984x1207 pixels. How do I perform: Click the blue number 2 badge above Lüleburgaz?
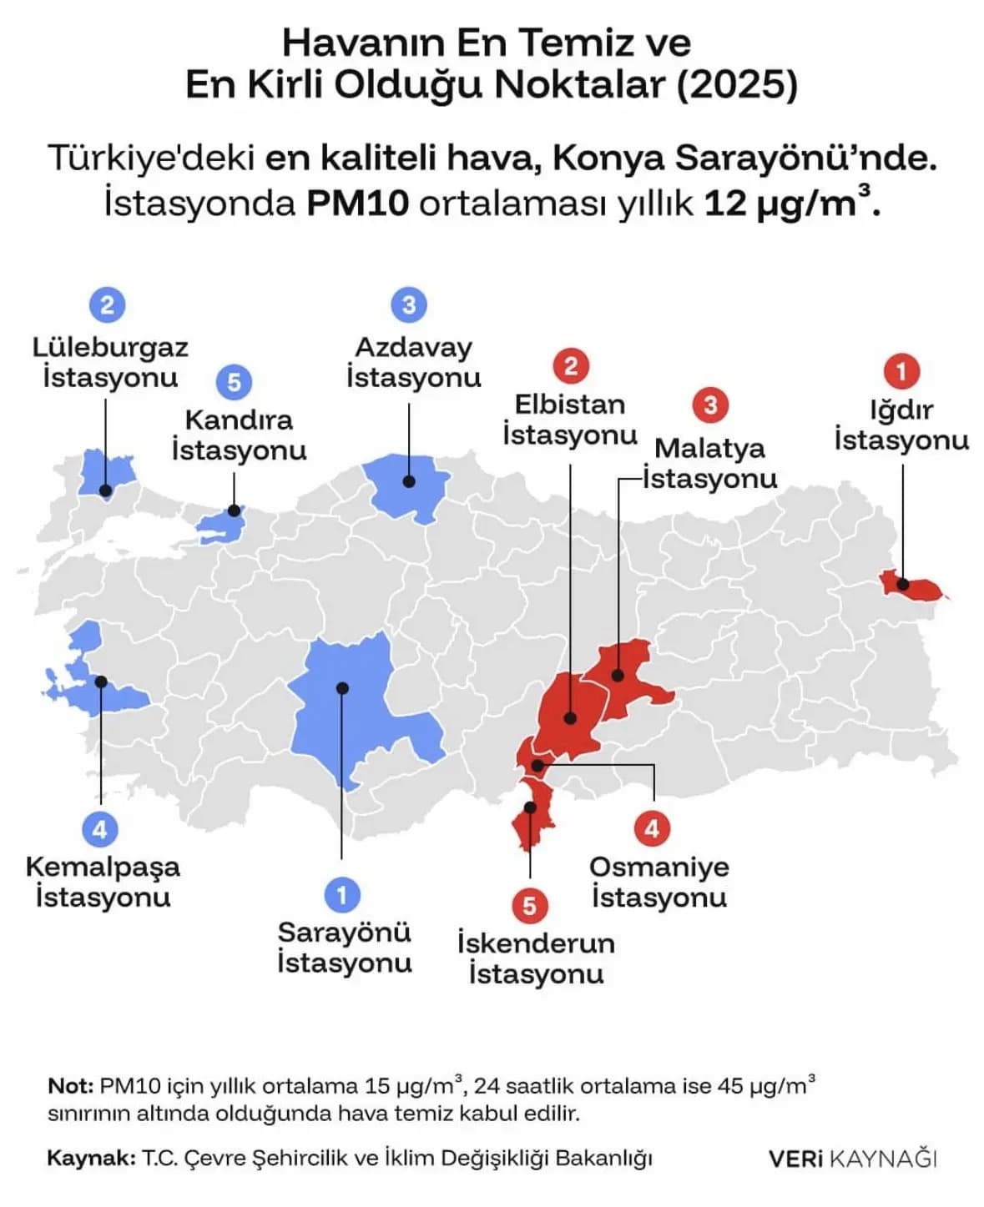click(x=107, y=304)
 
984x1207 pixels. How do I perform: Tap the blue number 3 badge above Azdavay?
click(x=408, y=304)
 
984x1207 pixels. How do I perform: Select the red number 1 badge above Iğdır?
click(x=901, y=370)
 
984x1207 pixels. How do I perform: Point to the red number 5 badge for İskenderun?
click(x=529, y=906)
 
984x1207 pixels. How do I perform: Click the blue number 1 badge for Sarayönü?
click(x=341, y=895)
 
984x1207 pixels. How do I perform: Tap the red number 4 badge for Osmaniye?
click(x=652, y=828)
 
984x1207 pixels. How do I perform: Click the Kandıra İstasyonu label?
click(x=239, y=435)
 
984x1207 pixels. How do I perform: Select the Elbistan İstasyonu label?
click(x=570, y=420)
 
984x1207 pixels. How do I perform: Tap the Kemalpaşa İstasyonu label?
click(x=103, y=882)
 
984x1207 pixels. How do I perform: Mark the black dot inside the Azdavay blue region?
click(x=409, y=481)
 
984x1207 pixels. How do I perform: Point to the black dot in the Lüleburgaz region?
click(x=105, y=490)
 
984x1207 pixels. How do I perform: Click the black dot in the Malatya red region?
click(x=618, y=675)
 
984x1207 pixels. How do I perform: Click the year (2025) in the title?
click(x=737, y=85)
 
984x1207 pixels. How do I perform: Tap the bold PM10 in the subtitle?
click(x=357, y=204)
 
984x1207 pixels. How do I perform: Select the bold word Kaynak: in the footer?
click(x=91, y=1159)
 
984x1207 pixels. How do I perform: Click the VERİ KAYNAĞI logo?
click(x=853, y=1159)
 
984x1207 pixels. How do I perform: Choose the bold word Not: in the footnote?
click(x=70, y=1086)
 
